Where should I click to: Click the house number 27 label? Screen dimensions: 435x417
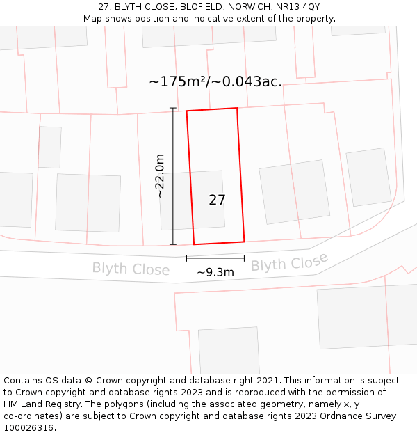pos(217,200)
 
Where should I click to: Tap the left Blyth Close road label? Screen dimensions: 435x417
pos(131,269)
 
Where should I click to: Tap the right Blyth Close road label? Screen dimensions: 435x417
pos(289,263)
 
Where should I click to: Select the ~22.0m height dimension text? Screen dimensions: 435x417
pos(160,175)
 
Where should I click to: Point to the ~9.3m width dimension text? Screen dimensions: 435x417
pos(215,272)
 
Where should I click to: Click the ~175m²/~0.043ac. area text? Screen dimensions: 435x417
pos(215,81)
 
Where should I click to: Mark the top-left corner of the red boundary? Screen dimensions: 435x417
pos(186,111)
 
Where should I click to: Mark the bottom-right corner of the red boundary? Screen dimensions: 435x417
pos(244,242)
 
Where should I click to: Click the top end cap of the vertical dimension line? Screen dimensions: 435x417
pos(172,108)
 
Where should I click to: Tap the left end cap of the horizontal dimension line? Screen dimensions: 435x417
pos(186,258)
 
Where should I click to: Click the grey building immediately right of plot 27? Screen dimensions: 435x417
pos(294,191)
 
